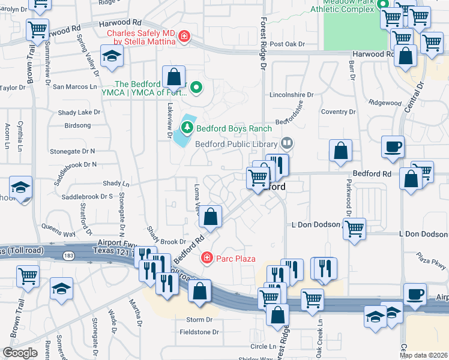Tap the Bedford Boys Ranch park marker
click(x=187, y=127)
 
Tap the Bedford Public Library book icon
click(x=288, y=143)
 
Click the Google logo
click(x=20, y=353)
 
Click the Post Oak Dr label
click(x=288, y=44)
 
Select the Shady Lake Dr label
click(x=79, y=112)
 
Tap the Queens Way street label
click(x=58, y=227)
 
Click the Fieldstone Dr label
click(x=199, y=332)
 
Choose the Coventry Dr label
click(x=339, y=112)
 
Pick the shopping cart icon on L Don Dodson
click(x=355, y=227)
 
